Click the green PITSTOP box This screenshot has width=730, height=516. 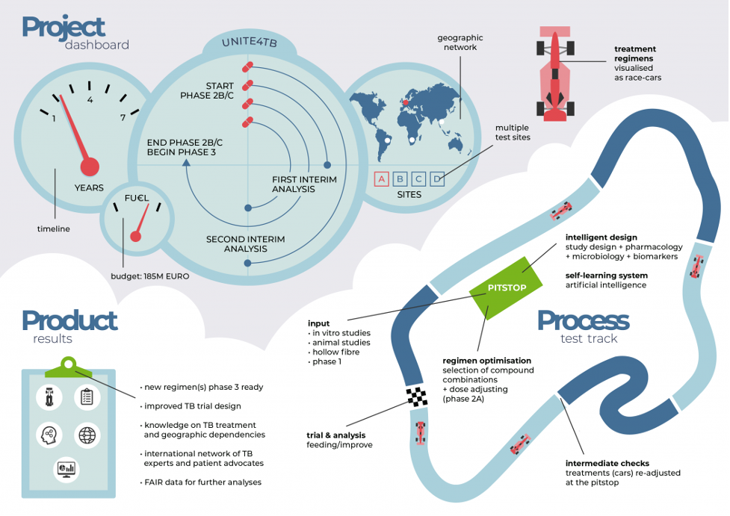[x=507, y=288]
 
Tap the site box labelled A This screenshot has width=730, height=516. [x=382, y=179]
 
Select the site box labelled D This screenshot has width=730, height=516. [x=438, y=179]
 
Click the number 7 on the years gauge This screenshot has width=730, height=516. [x=123, y=117]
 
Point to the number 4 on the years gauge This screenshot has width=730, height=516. [x=90, y=100]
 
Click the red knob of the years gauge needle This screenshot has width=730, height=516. [x=90, y=167]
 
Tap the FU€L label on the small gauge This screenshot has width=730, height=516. [x=135, y=199]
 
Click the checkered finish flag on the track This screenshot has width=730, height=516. [x=416, y=397]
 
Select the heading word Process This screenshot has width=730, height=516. [x=583, y=321]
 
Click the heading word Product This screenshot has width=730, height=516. [x=69, y=321]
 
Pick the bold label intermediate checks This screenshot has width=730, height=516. [x=606, y=462]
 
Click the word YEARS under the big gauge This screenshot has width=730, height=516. [x=89, y=187]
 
